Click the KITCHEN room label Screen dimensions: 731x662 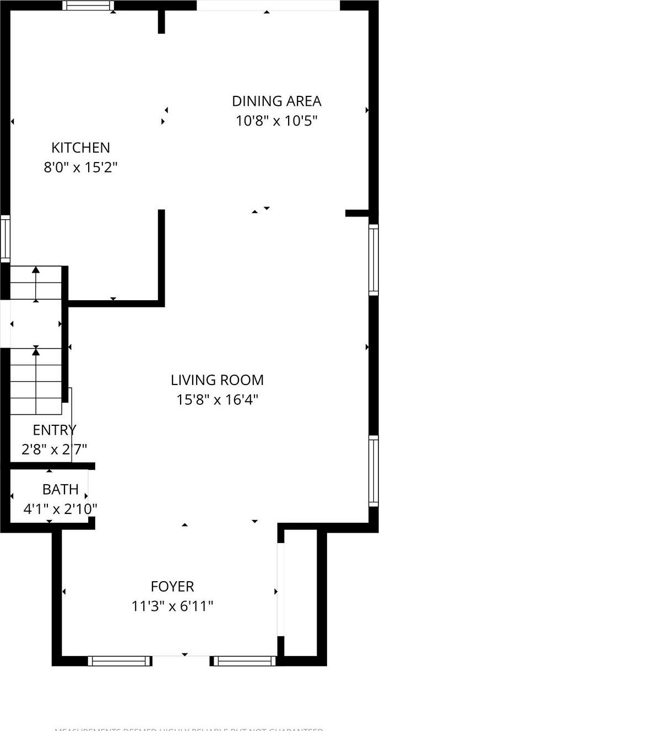pos(80,148)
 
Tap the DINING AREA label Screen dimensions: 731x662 pos(276,101)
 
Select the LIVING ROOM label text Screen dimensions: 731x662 pos(217,380)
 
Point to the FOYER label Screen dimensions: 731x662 pos(172,587)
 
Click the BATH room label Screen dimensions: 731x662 pos(61,489)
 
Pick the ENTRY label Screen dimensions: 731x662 pos(54,430)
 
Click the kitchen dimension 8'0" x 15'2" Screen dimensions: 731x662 pos(80,167)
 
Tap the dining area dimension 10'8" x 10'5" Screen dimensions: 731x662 pos(276,121)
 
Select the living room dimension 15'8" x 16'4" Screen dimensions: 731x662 pos(217,399)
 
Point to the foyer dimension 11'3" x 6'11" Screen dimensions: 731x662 pos(172,606)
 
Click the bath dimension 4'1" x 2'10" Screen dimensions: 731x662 pos(60,508)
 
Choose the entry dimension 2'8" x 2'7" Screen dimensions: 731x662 pos(54,450)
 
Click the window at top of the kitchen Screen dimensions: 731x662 pos(88,6)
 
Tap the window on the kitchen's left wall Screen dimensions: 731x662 pos(5,238)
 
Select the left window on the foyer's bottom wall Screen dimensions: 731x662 pos(120,660)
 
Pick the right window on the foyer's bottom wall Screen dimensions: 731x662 pos(243,660)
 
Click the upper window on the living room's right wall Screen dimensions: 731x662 pos(373,259)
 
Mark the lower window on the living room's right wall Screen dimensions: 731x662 pos(373,470)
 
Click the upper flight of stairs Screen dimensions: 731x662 pos(36,283)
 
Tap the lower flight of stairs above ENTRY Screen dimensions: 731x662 pos(36,381)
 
